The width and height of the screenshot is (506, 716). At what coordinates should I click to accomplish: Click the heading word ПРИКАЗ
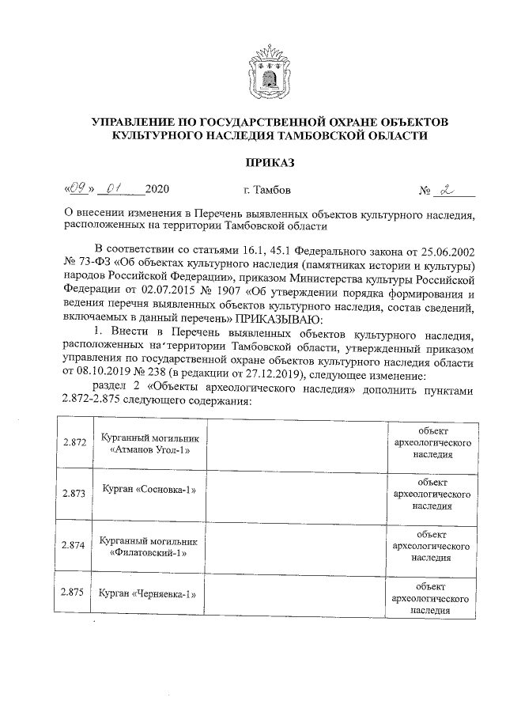pyautogui.click(x=270, y=163)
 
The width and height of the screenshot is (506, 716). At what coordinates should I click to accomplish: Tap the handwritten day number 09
pyautogui.click(x=77, y=190)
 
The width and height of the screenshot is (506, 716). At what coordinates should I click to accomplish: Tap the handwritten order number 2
pyautogui.click(x=450, y=190)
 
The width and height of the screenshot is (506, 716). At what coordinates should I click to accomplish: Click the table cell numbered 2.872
pyautogui.click(x=74, y=443)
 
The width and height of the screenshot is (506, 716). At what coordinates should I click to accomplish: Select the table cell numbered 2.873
pyautogui.click(x=74, y=493)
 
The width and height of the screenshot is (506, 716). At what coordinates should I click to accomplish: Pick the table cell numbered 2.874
pyautogui.click(x=74, y=545)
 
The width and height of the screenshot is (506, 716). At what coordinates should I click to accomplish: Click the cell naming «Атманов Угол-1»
pyautogui.click(x=149, y=443)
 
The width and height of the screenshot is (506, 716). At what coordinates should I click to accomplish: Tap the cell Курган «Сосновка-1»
pyautogui.click(x=149, y=490)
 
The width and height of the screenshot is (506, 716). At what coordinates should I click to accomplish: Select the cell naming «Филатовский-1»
pyautogui.click(x=149, y=546)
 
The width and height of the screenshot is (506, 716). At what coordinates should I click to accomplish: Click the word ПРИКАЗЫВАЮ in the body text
pyautogui.click(x=278, y=319)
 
